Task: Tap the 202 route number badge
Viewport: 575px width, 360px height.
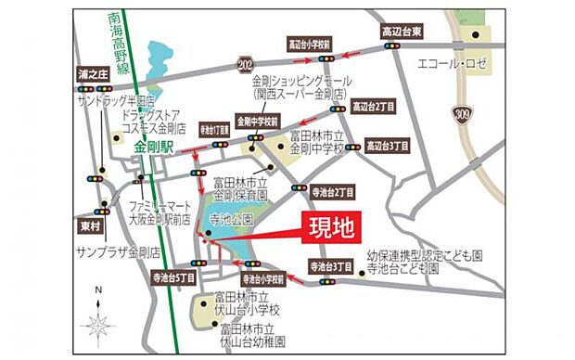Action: [245, 63]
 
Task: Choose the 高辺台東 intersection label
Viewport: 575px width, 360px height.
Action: [403, 32]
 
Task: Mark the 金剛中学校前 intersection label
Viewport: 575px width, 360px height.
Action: [257, 121]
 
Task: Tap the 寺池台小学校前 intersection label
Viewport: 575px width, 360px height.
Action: [263, 277]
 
